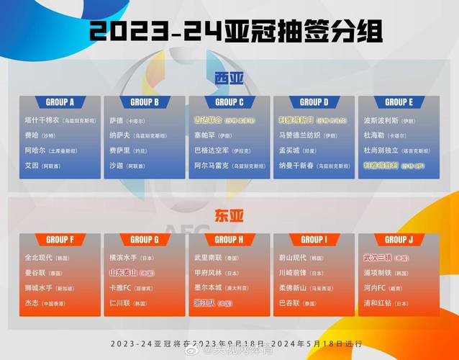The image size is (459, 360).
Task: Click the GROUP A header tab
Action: [60, 102]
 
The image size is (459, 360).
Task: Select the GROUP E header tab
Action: [399, 102]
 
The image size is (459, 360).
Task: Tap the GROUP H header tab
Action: [229, 240]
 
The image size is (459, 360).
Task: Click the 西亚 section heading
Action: [229, 78]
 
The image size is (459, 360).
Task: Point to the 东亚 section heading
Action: [229, 215]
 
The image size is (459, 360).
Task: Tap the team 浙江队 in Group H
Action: [207, 304]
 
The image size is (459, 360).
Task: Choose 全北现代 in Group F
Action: [40, 258]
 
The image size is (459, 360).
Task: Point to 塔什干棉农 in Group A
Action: [42, 120]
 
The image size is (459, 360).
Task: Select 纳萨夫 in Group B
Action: [121, 135]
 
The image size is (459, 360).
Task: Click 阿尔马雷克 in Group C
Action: [212, 166]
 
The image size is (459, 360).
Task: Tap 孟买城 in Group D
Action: [289, 150]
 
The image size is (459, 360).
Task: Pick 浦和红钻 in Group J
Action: [379, 304]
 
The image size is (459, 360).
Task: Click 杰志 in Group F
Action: [32, 304]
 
